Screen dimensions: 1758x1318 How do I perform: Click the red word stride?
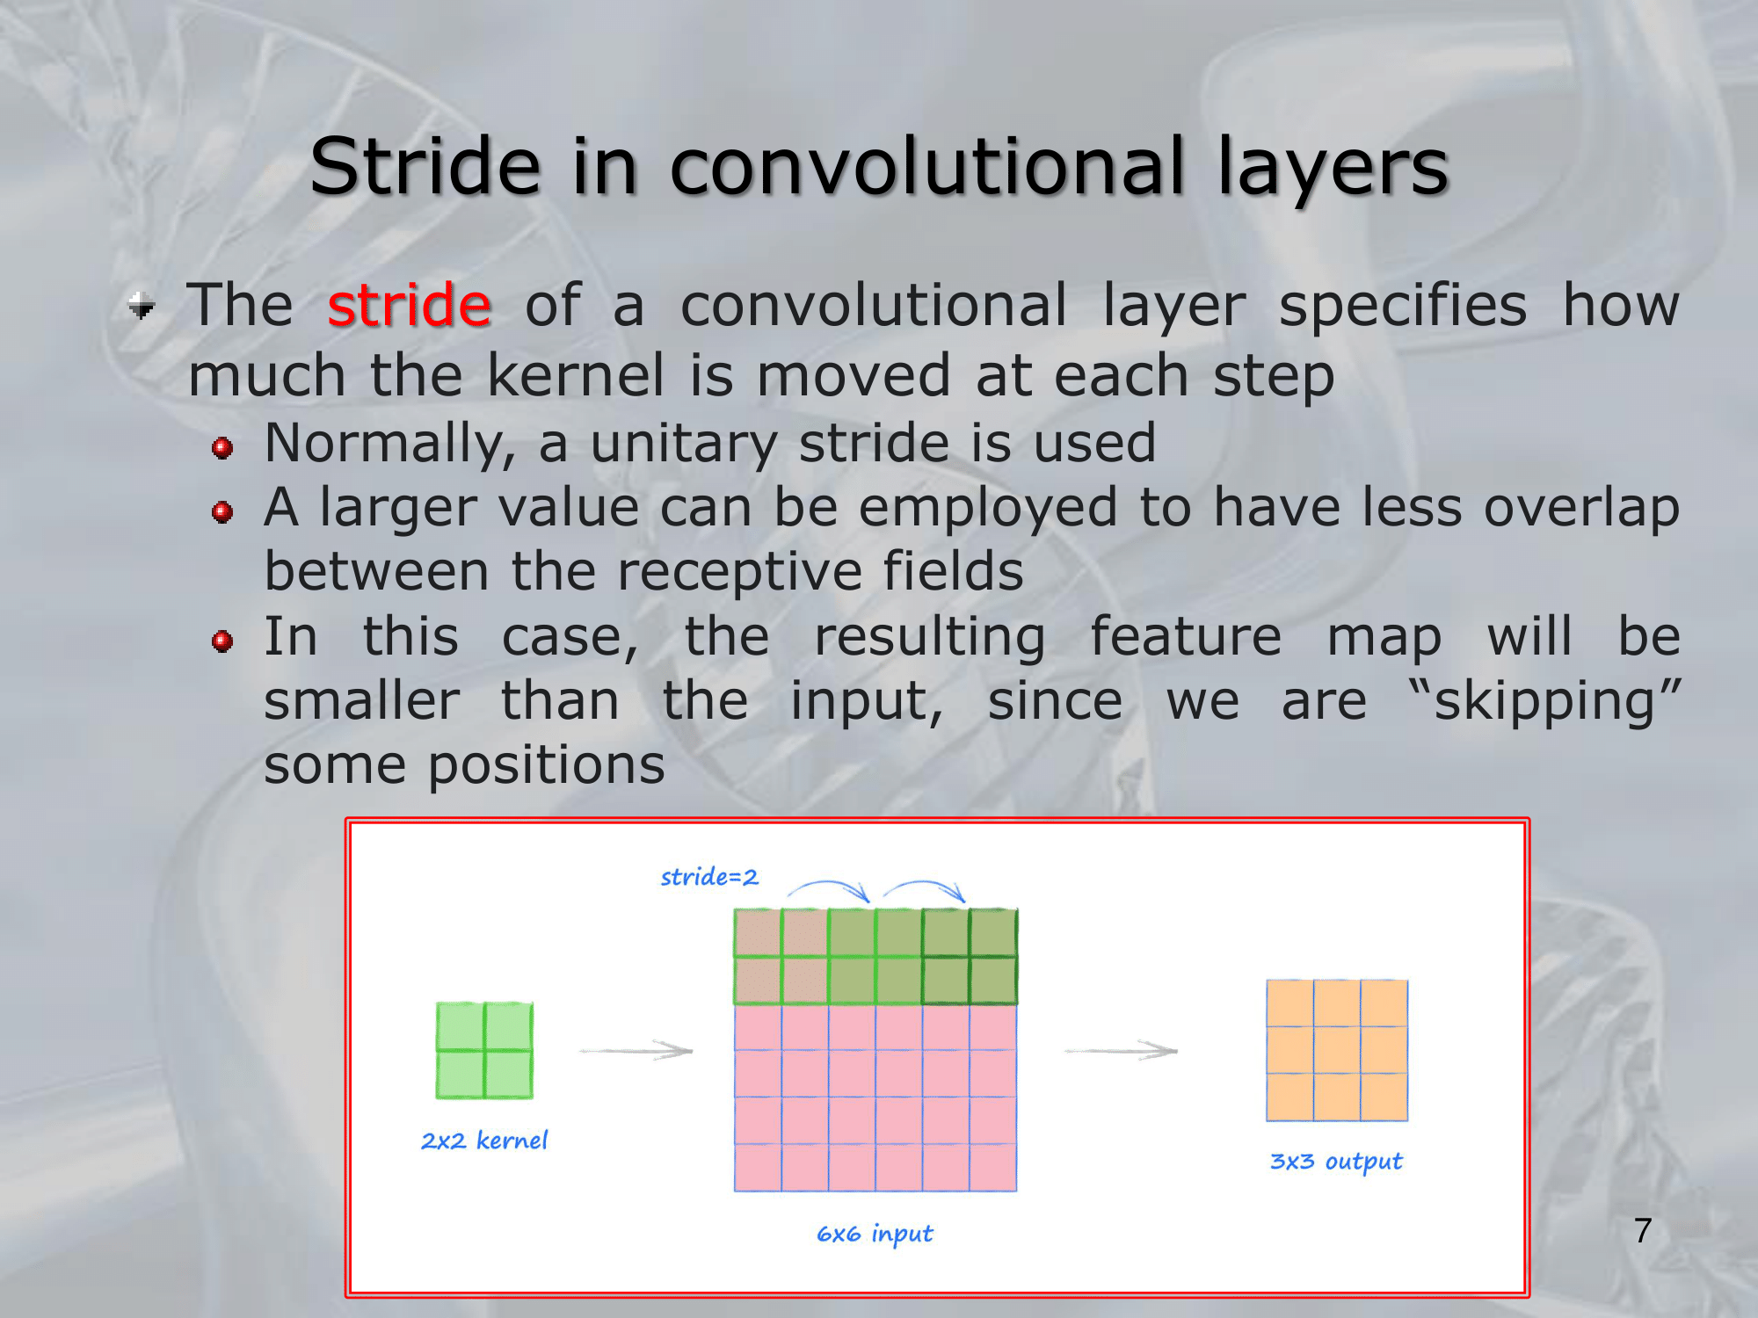(x=409, y=305)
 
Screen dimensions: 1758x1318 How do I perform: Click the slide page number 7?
(x=1643, y=1230)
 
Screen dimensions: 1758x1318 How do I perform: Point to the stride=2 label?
(x=709, y=877)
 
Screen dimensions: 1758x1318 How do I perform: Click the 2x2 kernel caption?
(x=484, y=1141)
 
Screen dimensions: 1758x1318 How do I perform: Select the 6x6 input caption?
(x=875, y=1235)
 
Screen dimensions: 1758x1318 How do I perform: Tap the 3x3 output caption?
(x=1336, y=1162)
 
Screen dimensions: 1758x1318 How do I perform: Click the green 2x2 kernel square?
(x=484, y=1050)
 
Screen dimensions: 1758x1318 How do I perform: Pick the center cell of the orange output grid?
(x=1337, y=1050)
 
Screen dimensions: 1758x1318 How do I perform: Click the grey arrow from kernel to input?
(x=636, y=1050)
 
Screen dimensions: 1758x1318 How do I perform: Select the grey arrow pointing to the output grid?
(x=1121, y=1050)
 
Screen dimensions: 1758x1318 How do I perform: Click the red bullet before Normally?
(x=222, y=448)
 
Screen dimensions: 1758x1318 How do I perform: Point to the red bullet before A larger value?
(x=222, y=512)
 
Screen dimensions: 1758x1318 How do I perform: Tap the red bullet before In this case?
(x=222, y=641)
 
